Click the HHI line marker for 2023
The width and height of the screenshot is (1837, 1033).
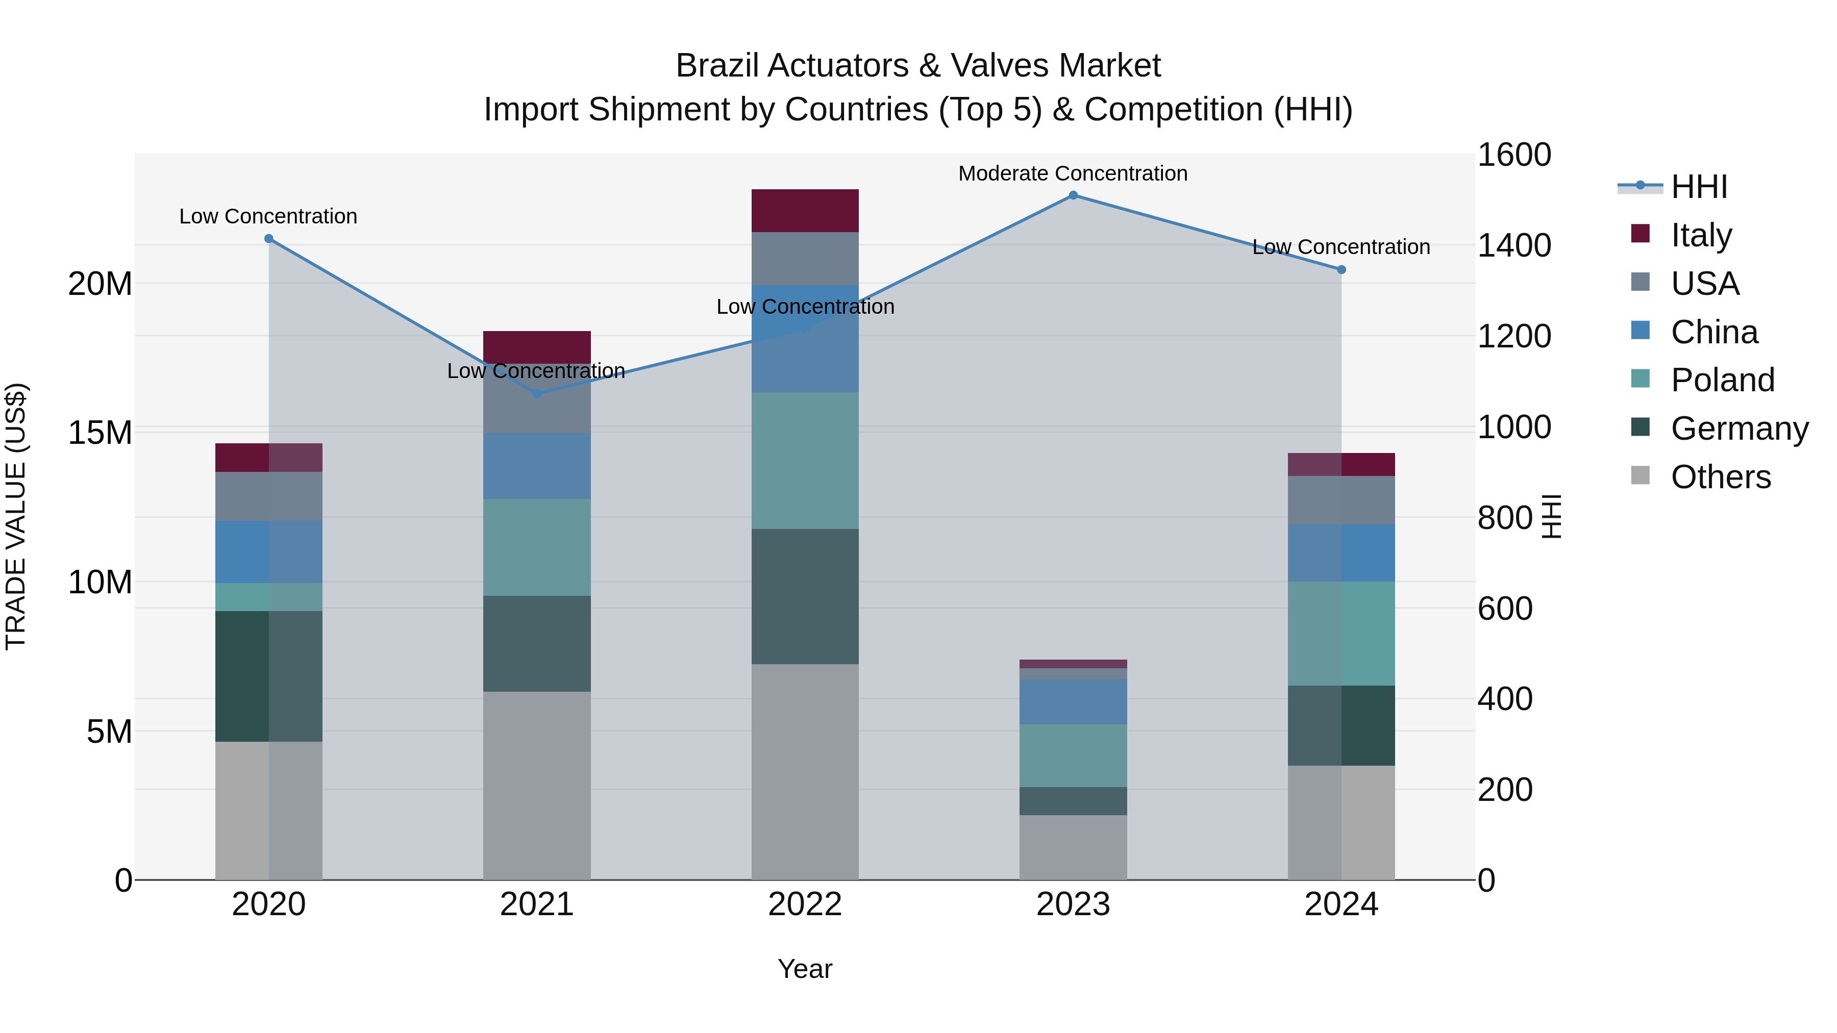tap(1073, 195)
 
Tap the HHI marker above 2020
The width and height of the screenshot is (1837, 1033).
tap(269, 239)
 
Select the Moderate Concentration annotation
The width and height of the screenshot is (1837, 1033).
tap(1073, 173)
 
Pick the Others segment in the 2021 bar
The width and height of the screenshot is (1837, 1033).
tap(536, 785)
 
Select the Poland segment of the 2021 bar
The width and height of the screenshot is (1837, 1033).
tap(536, 547)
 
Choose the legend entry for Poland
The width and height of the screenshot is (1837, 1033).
tap(1722, 380)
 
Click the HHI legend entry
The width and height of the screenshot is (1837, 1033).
tap(1699, 187)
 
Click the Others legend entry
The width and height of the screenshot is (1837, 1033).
tap(1720, 477)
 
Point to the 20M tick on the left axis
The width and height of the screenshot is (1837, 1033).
tap(100, 284)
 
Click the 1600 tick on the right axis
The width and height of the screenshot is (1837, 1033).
tap(1513, 155)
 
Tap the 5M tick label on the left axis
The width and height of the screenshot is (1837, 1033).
tap(109, 732)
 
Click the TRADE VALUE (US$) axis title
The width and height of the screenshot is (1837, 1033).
tap(16, 516)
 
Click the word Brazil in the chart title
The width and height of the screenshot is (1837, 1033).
tap(717, 66)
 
